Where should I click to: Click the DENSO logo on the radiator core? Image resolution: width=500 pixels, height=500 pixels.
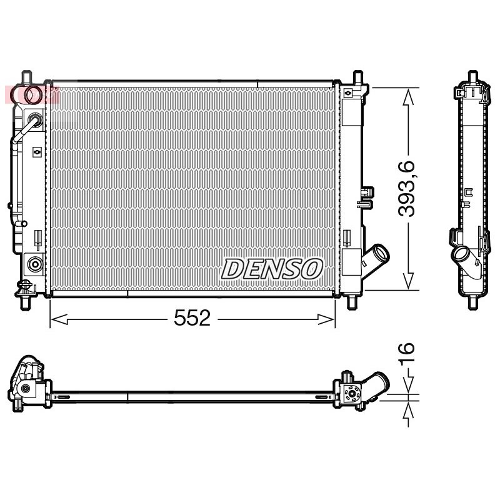pyautogui.click(x=272, y=269)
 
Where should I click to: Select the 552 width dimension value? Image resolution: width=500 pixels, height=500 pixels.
pyautogui.click(x=192, y=318)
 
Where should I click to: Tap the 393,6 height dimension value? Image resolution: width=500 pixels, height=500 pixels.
pyautogui.click(x=407, y=189)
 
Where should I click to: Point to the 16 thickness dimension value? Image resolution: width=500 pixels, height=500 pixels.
pyautogui.click(x=406, y=352)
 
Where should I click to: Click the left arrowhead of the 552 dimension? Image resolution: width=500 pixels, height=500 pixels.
pyautogui.click(x=59, y=319)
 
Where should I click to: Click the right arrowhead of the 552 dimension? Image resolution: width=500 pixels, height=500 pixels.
pyautogui.click(x=326, y=319)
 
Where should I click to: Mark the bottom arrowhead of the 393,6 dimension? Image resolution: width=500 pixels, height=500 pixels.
pyautogui.click(x=409, y=281)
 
